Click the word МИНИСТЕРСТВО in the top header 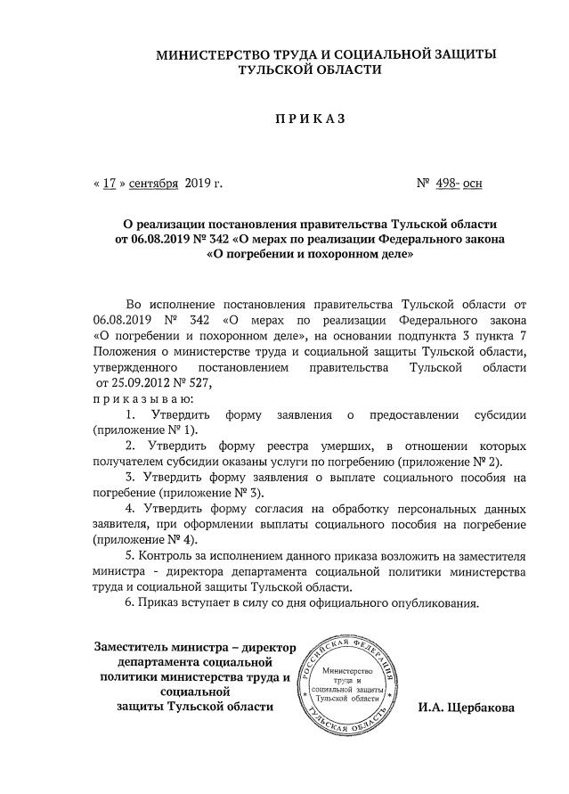[211, 55]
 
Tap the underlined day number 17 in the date [110, 184]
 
